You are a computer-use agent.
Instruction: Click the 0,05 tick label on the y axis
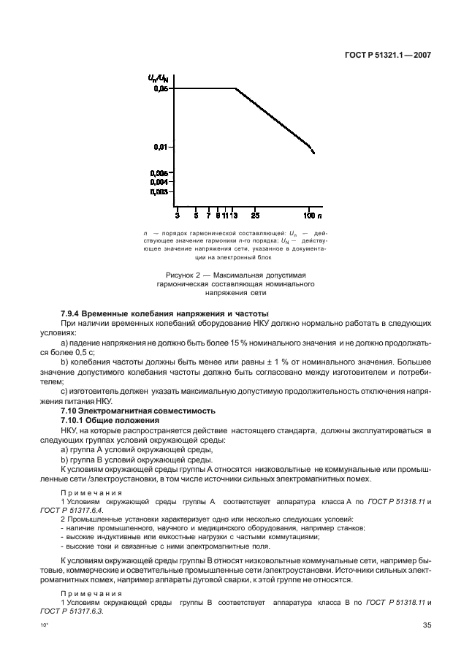pos(161,89)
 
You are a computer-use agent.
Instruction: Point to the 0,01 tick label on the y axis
pos(161,147)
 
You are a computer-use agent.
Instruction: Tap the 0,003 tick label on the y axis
pos(160,191)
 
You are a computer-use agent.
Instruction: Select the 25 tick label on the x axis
pos(255,216)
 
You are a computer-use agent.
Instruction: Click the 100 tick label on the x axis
pos(309,216)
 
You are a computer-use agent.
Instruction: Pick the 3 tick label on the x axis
pos(178,216)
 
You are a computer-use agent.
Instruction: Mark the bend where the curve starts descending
pos(235,89)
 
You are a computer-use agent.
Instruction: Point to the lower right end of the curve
pos(314,152)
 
